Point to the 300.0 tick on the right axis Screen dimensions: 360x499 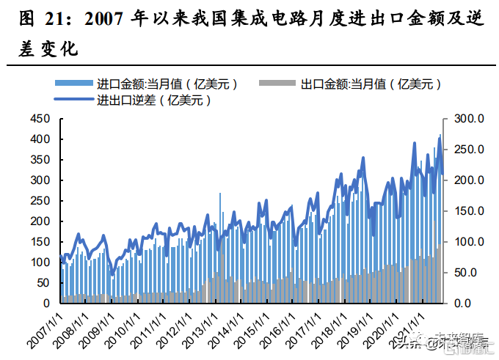coord(467,119)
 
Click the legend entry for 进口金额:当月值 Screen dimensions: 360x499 coord(166,84)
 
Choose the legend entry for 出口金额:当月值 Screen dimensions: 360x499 coord(370,84)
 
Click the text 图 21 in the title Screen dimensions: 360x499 coord(37,18)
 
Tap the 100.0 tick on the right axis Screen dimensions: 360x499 coord(467,242)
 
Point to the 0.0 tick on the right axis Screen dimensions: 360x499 coord(471,304)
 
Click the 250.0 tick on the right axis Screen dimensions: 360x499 coord(467,150)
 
